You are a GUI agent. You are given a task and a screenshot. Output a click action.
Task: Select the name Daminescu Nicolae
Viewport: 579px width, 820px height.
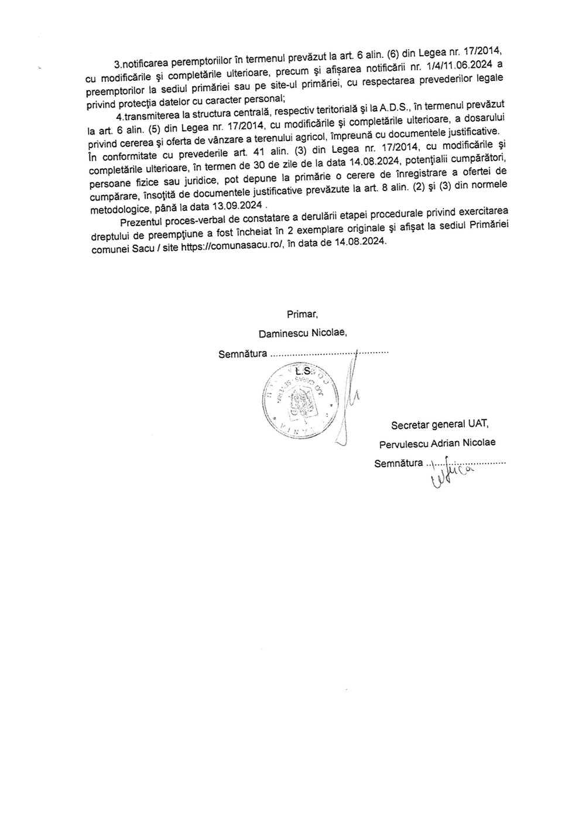click(x=303, y=333)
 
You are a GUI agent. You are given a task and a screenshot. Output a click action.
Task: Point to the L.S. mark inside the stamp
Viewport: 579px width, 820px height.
click(x=303, y=371)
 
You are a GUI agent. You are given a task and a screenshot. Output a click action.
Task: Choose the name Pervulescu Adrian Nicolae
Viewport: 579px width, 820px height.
click(x=437, y=443)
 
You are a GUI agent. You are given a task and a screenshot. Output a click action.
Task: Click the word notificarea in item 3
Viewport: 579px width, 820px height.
click(x=142, y=61)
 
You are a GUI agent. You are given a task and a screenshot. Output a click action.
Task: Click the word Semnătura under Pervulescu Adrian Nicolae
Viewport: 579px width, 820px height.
click(x=399, y=463)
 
